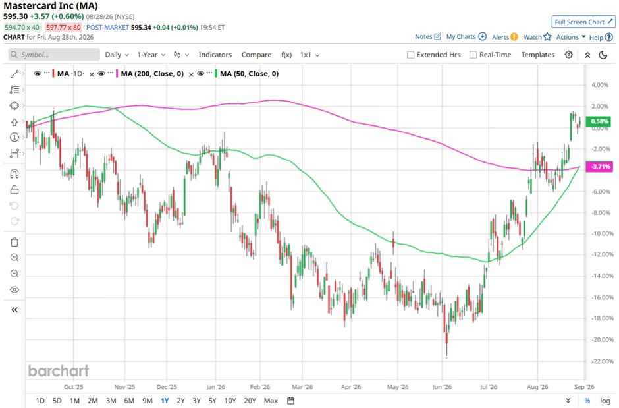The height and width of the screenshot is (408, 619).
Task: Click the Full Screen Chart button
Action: (x=583, y=22)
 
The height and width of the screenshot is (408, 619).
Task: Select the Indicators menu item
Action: (x=215, y=55)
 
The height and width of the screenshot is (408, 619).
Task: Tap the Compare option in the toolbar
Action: (x=256, y=55)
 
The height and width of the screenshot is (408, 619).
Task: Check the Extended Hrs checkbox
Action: (x=410, y=55)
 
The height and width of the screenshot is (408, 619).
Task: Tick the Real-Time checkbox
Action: (x=473, y=55)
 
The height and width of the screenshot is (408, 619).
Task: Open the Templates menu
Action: (x=538, y=55)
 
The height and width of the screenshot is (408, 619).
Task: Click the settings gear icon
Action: (x=568, y=55)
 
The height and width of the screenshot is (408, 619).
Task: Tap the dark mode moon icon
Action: (x=603, y=55)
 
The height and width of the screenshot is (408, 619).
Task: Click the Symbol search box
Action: (x=54, y=55)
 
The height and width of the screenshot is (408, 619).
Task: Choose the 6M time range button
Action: (x=129, y=401)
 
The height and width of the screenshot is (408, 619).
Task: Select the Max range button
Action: (x=271, y=401)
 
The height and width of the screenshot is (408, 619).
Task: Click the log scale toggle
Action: (x=605, y=401)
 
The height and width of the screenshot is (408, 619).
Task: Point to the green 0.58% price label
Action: (x=599, y=121)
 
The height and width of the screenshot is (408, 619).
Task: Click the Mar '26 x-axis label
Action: (x=302, y=387)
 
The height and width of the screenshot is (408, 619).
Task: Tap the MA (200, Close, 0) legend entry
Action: (x=152, y=74)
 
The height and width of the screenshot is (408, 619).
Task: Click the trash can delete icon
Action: (x=14, y=242)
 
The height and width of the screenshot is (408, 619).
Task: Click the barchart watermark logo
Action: (x=59, y=371)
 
